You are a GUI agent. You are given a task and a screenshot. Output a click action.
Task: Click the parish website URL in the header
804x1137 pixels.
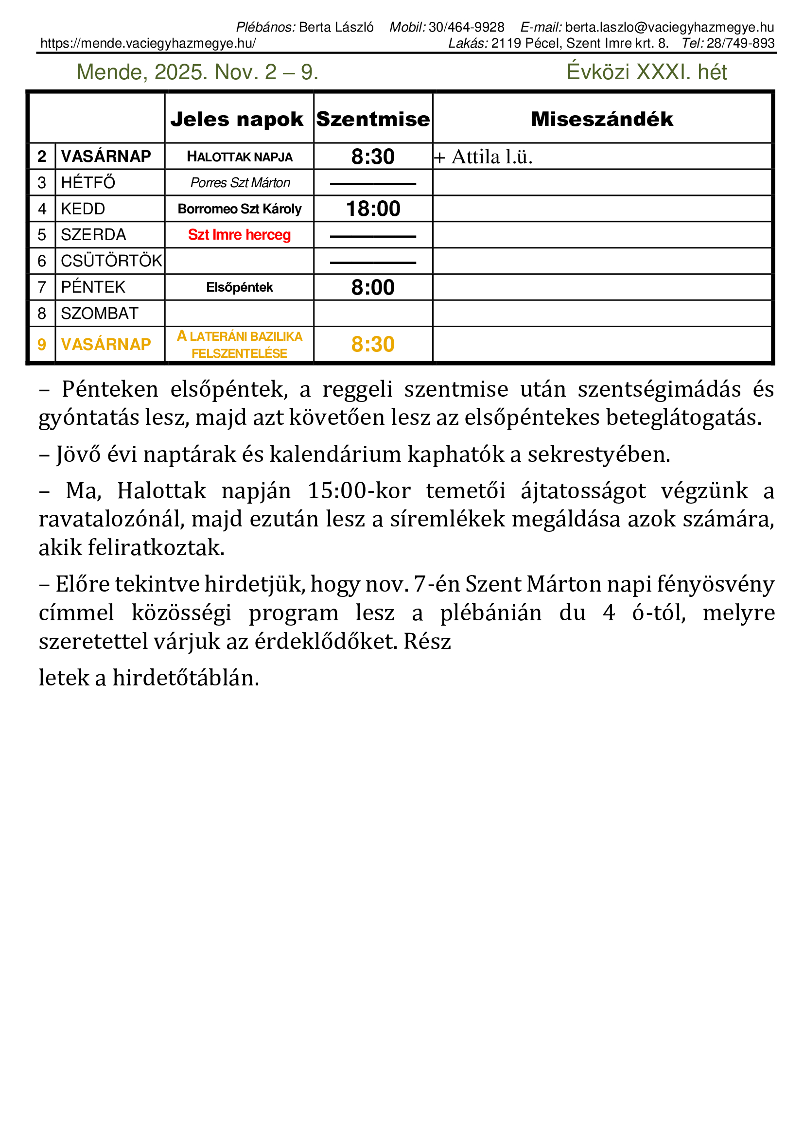pos(148,43)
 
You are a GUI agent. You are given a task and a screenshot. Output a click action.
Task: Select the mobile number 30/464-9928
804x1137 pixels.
pos(466,27)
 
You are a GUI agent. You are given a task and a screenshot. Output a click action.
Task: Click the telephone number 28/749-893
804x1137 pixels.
pos(740,43)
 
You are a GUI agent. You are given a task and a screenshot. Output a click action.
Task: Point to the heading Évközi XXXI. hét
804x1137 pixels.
pos(647,72)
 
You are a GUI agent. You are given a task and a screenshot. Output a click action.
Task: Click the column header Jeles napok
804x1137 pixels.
pos(237,120)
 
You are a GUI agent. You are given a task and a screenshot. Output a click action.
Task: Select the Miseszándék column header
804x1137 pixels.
pos(602,120)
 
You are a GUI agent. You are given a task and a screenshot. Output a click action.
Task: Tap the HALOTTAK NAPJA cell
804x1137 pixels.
pos(240,157)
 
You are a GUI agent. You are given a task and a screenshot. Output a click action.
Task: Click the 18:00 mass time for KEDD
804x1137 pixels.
pos(373,209)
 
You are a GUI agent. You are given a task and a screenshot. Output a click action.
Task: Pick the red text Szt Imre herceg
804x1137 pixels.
pos(240,235)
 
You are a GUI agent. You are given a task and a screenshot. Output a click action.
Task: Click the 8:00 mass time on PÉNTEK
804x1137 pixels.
pos(373,287)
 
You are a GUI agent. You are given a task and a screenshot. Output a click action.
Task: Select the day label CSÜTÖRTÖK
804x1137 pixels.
pos(111,261)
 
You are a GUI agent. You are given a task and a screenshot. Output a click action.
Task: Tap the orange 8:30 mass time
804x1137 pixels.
pos(373,344)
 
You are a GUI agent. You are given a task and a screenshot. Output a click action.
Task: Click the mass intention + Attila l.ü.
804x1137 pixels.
pos(484,157)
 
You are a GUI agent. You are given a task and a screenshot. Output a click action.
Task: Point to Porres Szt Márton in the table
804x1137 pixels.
pos(240,183)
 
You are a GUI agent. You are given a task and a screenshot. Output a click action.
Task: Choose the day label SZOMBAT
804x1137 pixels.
pos(100,314)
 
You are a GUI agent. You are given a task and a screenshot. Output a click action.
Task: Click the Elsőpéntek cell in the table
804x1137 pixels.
pos(240,287)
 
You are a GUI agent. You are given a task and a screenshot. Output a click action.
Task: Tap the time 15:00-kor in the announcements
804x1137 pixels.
pos(358,491)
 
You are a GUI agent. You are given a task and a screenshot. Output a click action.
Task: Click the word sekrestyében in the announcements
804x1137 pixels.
pos(598,454)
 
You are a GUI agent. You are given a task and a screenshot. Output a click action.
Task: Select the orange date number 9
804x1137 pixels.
pos(42,344)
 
